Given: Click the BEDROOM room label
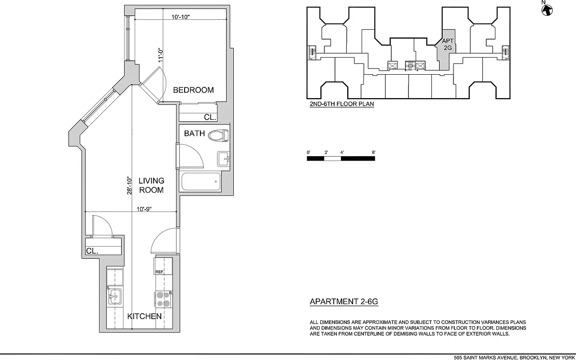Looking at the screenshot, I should (193, 90).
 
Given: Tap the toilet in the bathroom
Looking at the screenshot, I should (219, 135).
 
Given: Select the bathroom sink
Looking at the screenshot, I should (224, 159).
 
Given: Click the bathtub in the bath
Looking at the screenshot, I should (201, 182).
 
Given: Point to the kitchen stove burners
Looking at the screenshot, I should (163, 299).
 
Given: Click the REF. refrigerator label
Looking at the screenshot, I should (159, 272).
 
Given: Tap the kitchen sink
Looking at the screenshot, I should (115, 296).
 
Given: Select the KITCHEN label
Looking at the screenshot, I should (144, 316).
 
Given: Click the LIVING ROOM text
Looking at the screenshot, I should (151, 185).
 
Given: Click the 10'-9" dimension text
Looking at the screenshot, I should (144, 209).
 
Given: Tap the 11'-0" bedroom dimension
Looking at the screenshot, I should (159, 55).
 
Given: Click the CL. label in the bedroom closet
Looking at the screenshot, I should (210, 117).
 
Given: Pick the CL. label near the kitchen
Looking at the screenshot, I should (92, 251).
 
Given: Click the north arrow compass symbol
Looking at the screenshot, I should (547, 10).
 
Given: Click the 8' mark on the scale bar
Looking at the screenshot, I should (374, 153).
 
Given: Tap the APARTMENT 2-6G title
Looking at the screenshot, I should (344, 301).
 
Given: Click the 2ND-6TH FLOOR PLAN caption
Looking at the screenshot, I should (341, 104).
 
